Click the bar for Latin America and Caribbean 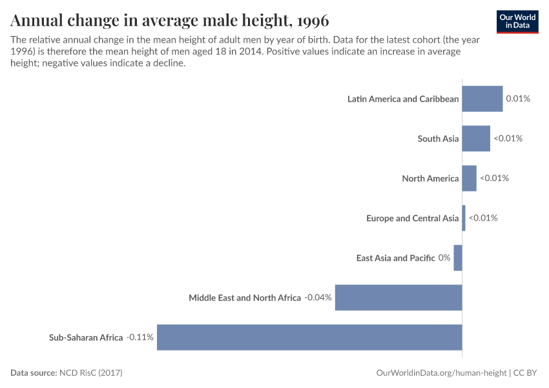(482, 99)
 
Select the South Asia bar (476, 138)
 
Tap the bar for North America (469, 178)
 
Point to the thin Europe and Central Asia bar (464, 218)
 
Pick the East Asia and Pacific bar (458, 258)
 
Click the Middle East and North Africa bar (399, 297)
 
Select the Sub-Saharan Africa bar (309, 338)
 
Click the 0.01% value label (518, 99)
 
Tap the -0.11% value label (140, 338)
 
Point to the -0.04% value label (318, 297)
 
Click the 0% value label (444, 258)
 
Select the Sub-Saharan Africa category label (86, 338)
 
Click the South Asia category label (438, 138)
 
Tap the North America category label (430, 178)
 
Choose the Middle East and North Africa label (245, 297)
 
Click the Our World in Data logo (517, 21)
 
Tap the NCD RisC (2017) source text (90, 373)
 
